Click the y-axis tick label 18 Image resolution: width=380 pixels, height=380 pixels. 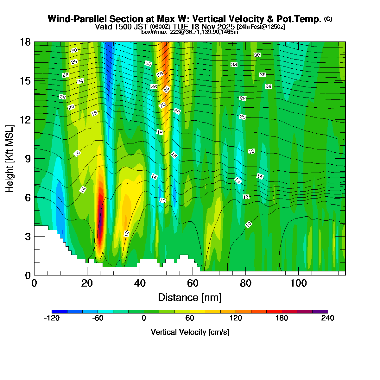point(25,42)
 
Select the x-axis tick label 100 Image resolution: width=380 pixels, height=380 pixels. point(298,283)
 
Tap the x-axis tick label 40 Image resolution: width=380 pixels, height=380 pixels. point(140,283)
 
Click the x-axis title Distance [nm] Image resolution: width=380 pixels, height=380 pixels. point(190,298)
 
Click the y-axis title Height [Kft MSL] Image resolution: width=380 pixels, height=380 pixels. point(10,159)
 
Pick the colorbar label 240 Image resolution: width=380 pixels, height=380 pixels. point(327,318)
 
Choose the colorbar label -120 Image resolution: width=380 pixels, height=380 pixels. point(52,318)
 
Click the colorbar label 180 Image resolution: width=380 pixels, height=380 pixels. point(282,318)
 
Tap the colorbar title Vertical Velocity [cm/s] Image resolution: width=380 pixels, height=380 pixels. point(190,332)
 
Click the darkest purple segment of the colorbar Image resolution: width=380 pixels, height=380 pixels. point(320,312)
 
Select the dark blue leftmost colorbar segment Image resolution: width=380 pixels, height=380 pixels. point(59,312)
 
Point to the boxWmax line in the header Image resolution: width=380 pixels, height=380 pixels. point(190,32)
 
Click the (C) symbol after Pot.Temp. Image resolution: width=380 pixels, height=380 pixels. point(328,19)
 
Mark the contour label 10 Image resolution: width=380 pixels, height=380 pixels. point(249,224)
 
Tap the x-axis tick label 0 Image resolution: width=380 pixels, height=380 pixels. point(34,283)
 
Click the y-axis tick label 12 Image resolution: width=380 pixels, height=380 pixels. point(25,120)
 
